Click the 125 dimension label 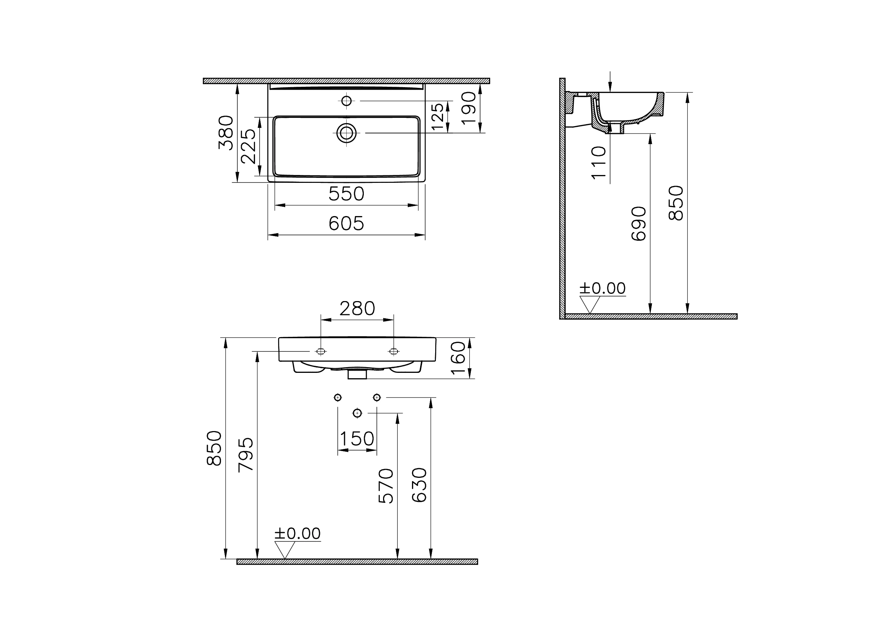(438, 116)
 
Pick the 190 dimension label (469, 108)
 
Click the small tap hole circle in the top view (346, 101)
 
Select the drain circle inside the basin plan (346, 133)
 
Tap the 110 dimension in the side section (599, 162)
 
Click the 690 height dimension (639, 224)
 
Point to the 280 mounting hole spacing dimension (357, 309)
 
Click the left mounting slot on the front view (320, 351)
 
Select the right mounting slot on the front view (393, 351)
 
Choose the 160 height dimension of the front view (458, 358)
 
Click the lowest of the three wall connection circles (357, 413)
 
